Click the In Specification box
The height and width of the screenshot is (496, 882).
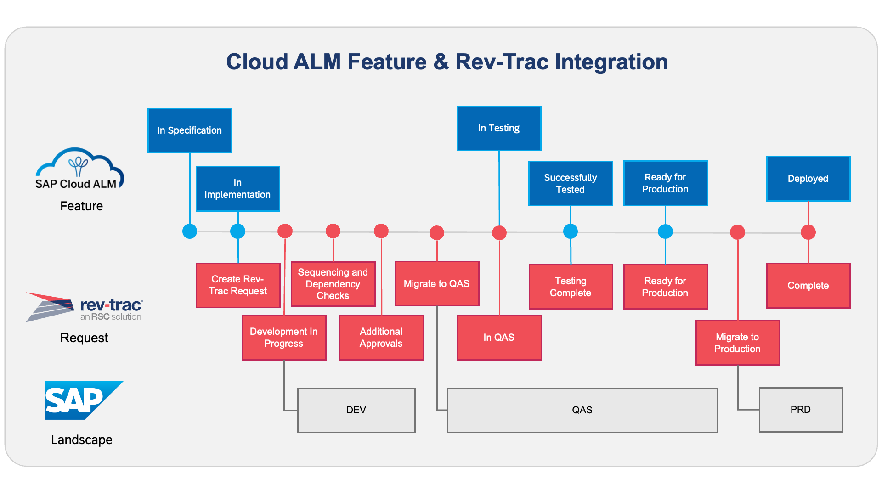tap(190, 130)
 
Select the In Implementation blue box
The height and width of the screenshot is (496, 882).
tap(237, 189)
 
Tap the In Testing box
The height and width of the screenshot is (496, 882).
tap(499, 128)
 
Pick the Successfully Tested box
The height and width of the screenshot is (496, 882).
tap(571, 183)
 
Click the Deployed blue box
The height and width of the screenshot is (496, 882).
tap(808, 179)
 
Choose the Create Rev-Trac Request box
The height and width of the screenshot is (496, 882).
tap(238, 285)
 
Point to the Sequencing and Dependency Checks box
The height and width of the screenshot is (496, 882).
tap(333, 284)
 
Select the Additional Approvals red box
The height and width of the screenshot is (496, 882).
tap(381, 338)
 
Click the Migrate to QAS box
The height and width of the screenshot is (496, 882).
tap(437, 283)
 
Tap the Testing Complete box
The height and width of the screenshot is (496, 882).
tap(571, 287)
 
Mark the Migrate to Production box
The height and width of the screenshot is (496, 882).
tap(737, 343)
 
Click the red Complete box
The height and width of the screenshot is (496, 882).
tap(808, 285)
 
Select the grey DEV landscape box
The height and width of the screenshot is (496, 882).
tap(356, 410)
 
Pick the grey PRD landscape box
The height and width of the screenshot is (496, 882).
tap(801, 410)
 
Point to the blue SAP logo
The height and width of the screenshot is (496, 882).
tap(83, 400)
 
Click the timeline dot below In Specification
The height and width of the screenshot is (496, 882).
tap(190, 231)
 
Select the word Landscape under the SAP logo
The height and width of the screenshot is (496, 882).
tap(82, 440)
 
